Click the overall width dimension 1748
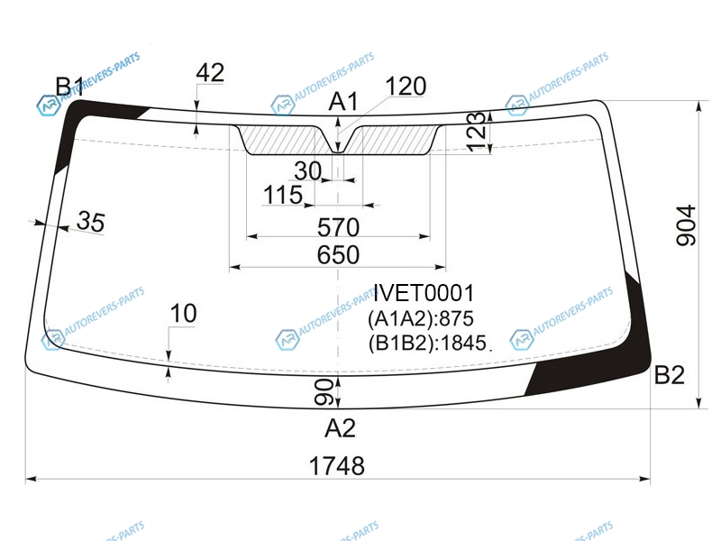click(337, 465)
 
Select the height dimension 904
click(686, 225)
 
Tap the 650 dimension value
click(338, 254)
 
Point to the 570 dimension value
click(339, 227)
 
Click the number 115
click(283, 195)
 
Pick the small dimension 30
click(307, 171)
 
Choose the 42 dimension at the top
click(210, 72)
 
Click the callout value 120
click(406, 86)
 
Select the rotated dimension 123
click(477, 132)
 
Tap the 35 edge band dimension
click(91, 221)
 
